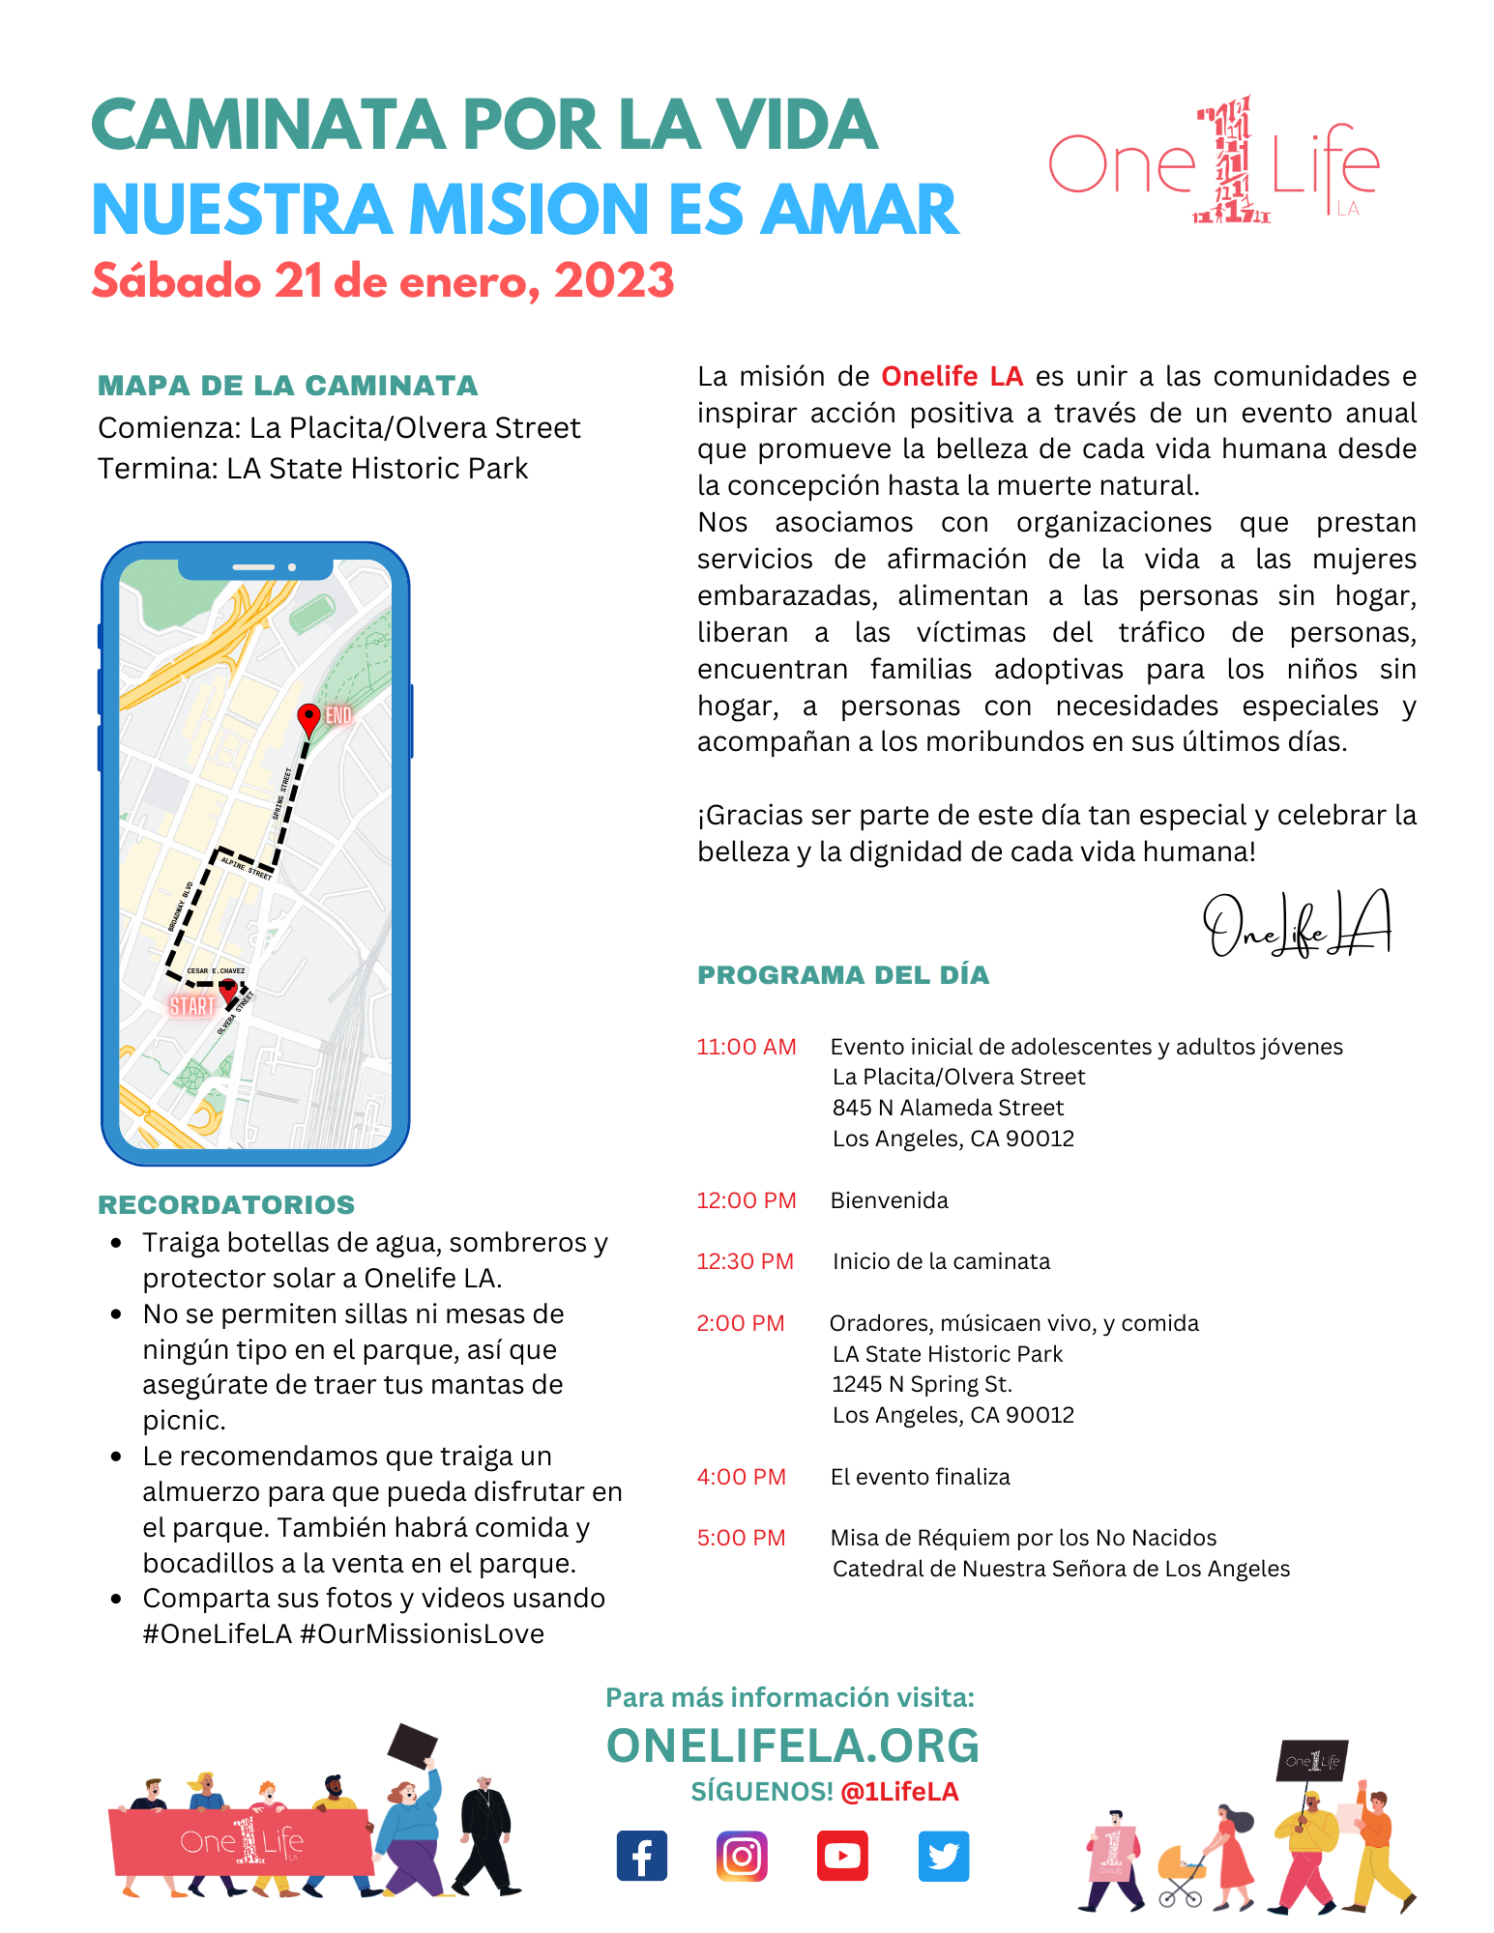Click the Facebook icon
[x=642, y=1856]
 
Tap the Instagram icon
[x=742, y=1856]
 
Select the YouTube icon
[x=842, y=1856]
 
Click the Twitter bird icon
[x=943, y=1856]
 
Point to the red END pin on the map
[x=308, y=718]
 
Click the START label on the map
[x=192, y=1006]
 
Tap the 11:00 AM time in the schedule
[x=747, y=1047]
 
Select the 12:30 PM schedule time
[x=746, y=1261]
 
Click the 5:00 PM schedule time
[x=742, y=1538]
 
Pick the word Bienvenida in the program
[x=890, y=1200]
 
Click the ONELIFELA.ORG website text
[x=793, y=1745]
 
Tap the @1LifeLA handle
[x=899, y=1792]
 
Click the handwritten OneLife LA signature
[x=1296, y=926]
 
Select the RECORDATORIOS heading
[x=226, y=1204]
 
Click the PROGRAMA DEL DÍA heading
[x=843, y=975]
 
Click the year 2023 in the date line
[x=614, y=281]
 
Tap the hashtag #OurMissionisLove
[x=423, y=1634]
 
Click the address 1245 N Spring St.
[x=923, y=1384]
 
